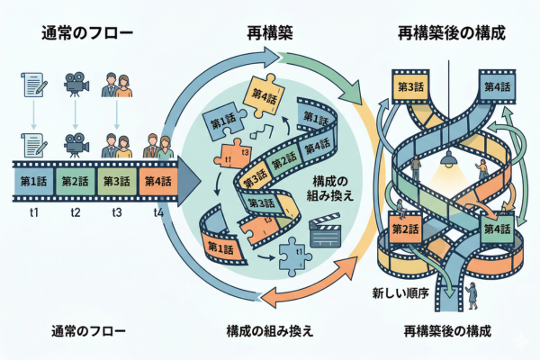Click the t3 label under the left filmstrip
coord(117,213)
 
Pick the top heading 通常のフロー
coord(87,35)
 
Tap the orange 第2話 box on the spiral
coord(405,229)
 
